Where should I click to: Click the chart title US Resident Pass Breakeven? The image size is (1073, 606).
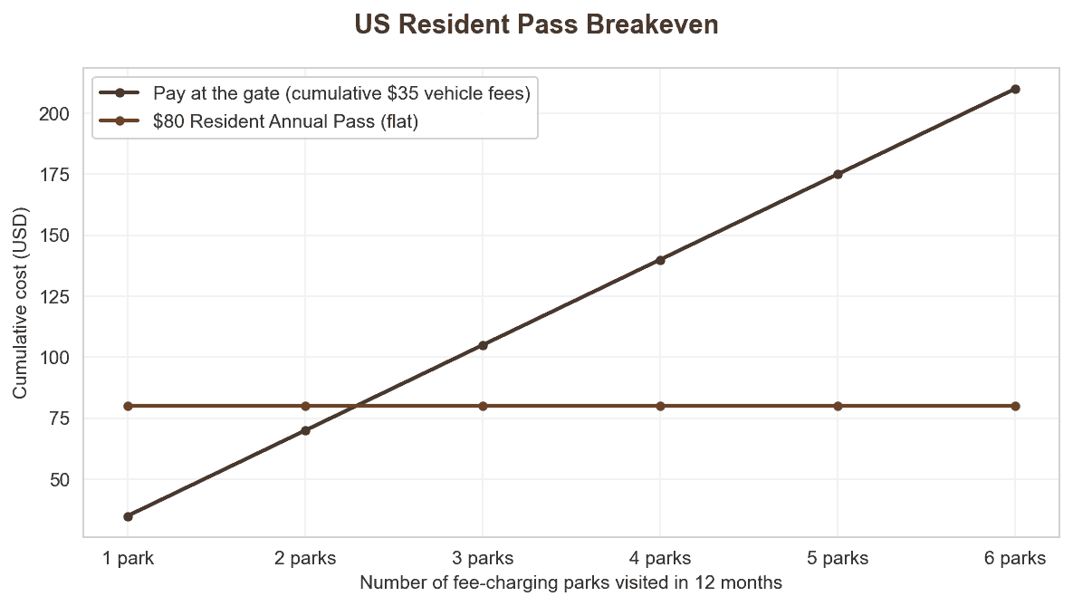536,24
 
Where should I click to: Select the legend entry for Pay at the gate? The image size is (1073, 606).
341,93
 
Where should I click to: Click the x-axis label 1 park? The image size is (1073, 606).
128,558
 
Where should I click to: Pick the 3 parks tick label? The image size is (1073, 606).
483,558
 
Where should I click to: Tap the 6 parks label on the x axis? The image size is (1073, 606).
1015,558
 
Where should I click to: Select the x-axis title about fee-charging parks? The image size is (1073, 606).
570,582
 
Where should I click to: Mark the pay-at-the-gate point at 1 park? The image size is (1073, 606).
128,516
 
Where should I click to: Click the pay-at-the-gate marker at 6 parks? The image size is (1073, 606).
1015,89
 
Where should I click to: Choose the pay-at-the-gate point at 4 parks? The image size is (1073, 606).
660,260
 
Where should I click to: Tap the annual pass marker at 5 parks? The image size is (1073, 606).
838,406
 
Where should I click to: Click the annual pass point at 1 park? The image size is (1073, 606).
128,406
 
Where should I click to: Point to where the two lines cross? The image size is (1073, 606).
356,406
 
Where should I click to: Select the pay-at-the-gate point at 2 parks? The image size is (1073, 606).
305,430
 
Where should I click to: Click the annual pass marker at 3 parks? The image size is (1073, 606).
483,406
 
